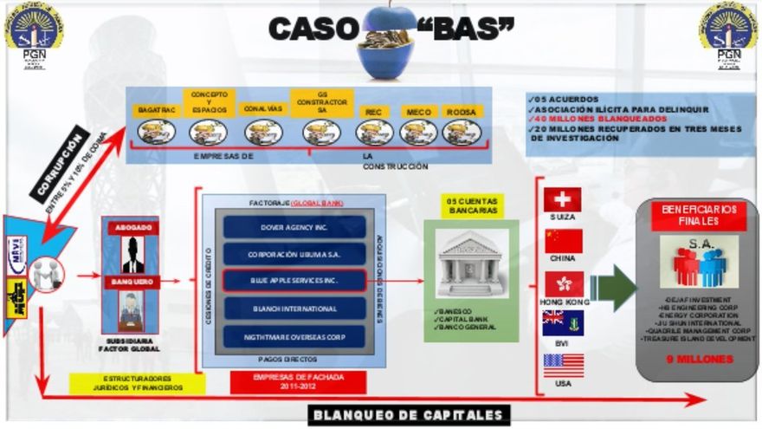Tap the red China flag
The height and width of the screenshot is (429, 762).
(563, 241)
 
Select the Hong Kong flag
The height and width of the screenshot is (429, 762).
(564, 283)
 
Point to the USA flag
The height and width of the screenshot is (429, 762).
(563, 365)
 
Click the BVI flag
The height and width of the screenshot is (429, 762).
(563, 322)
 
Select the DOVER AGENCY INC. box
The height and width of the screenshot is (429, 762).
(294, 226)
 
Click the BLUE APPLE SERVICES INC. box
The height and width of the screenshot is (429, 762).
(294, 281)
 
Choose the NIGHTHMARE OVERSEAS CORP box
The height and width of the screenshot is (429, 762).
(294, 335)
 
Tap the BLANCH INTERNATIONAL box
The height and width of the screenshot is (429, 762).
(294, 308)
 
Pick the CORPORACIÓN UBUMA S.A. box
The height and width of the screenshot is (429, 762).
(294, 253)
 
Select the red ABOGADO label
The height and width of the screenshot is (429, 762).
(132, 227)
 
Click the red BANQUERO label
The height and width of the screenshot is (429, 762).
(132, 282)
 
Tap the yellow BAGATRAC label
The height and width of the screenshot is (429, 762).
(156, 111)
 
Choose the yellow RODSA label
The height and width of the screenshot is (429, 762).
(462, 112)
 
